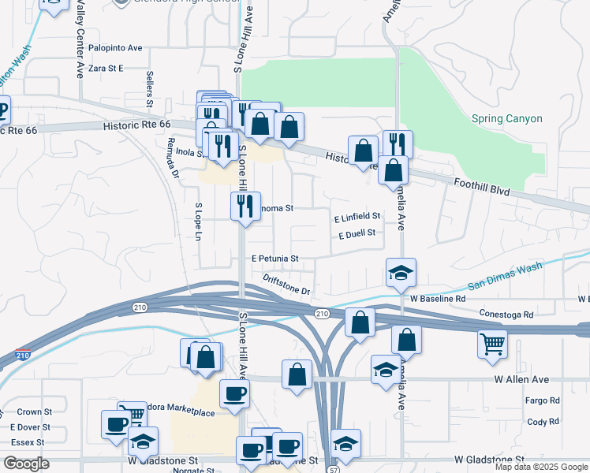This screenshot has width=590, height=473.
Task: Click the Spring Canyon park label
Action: [x=506, y=119]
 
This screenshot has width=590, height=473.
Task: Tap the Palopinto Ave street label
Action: [x=115, y=48]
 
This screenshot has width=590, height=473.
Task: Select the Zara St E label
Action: [x=106, y=69]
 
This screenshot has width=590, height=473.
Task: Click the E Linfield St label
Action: [x=357, y=216]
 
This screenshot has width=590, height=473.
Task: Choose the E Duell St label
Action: [x=356, y=234]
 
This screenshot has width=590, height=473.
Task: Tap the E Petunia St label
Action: [x=275, y=259]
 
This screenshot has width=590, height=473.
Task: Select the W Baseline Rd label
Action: [x=439, y=300]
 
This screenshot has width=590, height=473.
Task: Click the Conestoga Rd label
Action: [x=506, y=315]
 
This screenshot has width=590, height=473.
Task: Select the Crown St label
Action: [x=34, y=412]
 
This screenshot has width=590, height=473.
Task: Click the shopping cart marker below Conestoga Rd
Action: [x=493, y=344]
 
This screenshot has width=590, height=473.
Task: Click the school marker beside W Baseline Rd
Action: [x=401, y=274]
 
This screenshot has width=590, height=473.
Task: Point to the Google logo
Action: [x=26, y=464]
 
